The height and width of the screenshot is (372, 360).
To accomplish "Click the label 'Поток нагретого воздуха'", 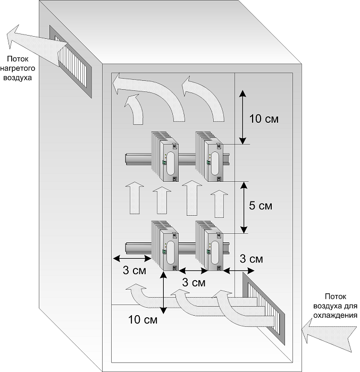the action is pyautogui.click(x=18, y=69).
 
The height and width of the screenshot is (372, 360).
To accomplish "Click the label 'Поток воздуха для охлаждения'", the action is pyautogui.click(x=335, y=306).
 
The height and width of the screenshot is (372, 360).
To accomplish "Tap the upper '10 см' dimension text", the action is pyautogui.click(x=264, y=119).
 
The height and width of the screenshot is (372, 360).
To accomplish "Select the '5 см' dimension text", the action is pyautogui.click(x=261, y=206).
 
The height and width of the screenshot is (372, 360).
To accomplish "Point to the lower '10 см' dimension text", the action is pyautogui.click(x=143, y=319).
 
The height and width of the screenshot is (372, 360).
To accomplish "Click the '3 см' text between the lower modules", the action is pyautogui.click(x=194, y=283).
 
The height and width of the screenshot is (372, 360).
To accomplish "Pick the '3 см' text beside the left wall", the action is pyautogui.click(x=135, y=270).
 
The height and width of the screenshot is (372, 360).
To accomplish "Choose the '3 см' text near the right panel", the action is pyautogui.click(x=251, y=259).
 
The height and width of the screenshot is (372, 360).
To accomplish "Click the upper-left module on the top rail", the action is pyautogui.click(x=165, y=156).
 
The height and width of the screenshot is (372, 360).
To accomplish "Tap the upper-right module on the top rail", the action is pyautogui.click(x=209, y=156).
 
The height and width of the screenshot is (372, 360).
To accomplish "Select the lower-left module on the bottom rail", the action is pyautogui.click(x=165, y=246).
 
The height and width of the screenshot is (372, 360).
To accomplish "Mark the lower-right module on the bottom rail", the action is pyautogui.click(x=209, y=246).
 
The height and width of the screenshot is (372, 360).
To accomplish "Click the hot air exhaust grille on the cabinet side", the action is pyautogui.click(x=71, y=62).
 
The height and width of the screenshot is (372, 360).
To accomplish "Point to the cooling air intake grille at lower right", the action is pyautogui.click(x=263, y=308).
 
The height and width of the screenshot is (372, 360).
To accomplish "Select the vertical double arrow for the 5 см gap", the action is pyautogui.click(x=244, y=207).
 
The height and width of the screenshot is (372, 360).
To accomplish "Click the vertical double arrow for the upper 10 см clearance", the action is pyautogui.click(x=242, y=117).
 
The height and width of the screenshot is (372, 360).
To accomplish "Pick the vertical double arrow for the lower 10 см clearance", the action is pyautogui.click(x=164, y=293).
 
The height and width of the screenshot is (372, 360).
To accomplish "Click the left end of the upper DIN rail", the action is pyautogui.click(x=125, y=159).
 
